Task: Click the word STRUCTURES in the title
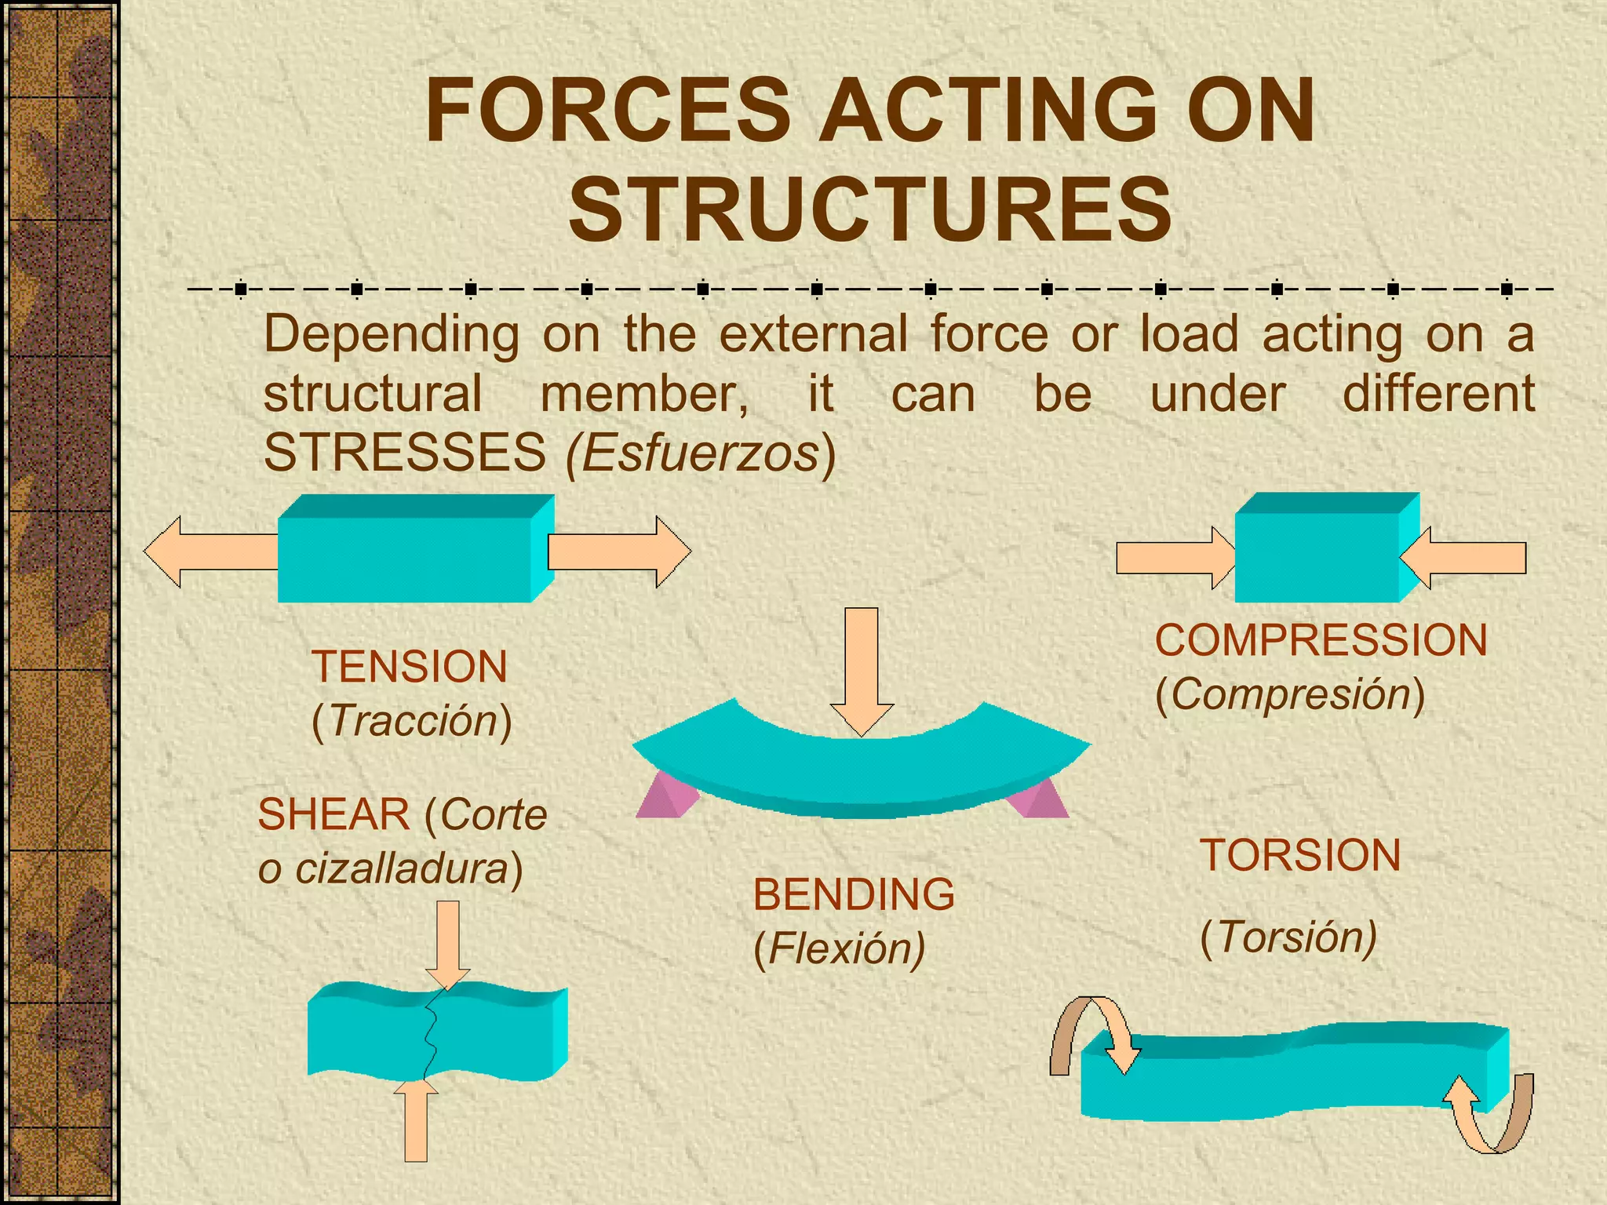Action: [x=870, y=209]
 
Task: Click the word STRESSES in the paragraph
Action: [x=405, y=453]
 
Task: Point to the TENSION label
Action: [x=410, y=667]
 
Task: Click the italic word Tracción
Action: [x=413, y=721]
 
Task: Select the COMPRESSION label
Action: [x=1321, y=640]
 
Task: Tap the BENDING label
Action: [x=854, y=894]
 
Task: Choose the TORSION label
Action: [x=1300, y=855]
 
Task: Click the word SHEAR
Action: [x=333, y=814]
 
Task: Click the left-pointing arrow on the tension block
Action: [x=208, y=552]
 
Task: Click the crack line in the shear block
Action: [x=431, y=1036]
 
